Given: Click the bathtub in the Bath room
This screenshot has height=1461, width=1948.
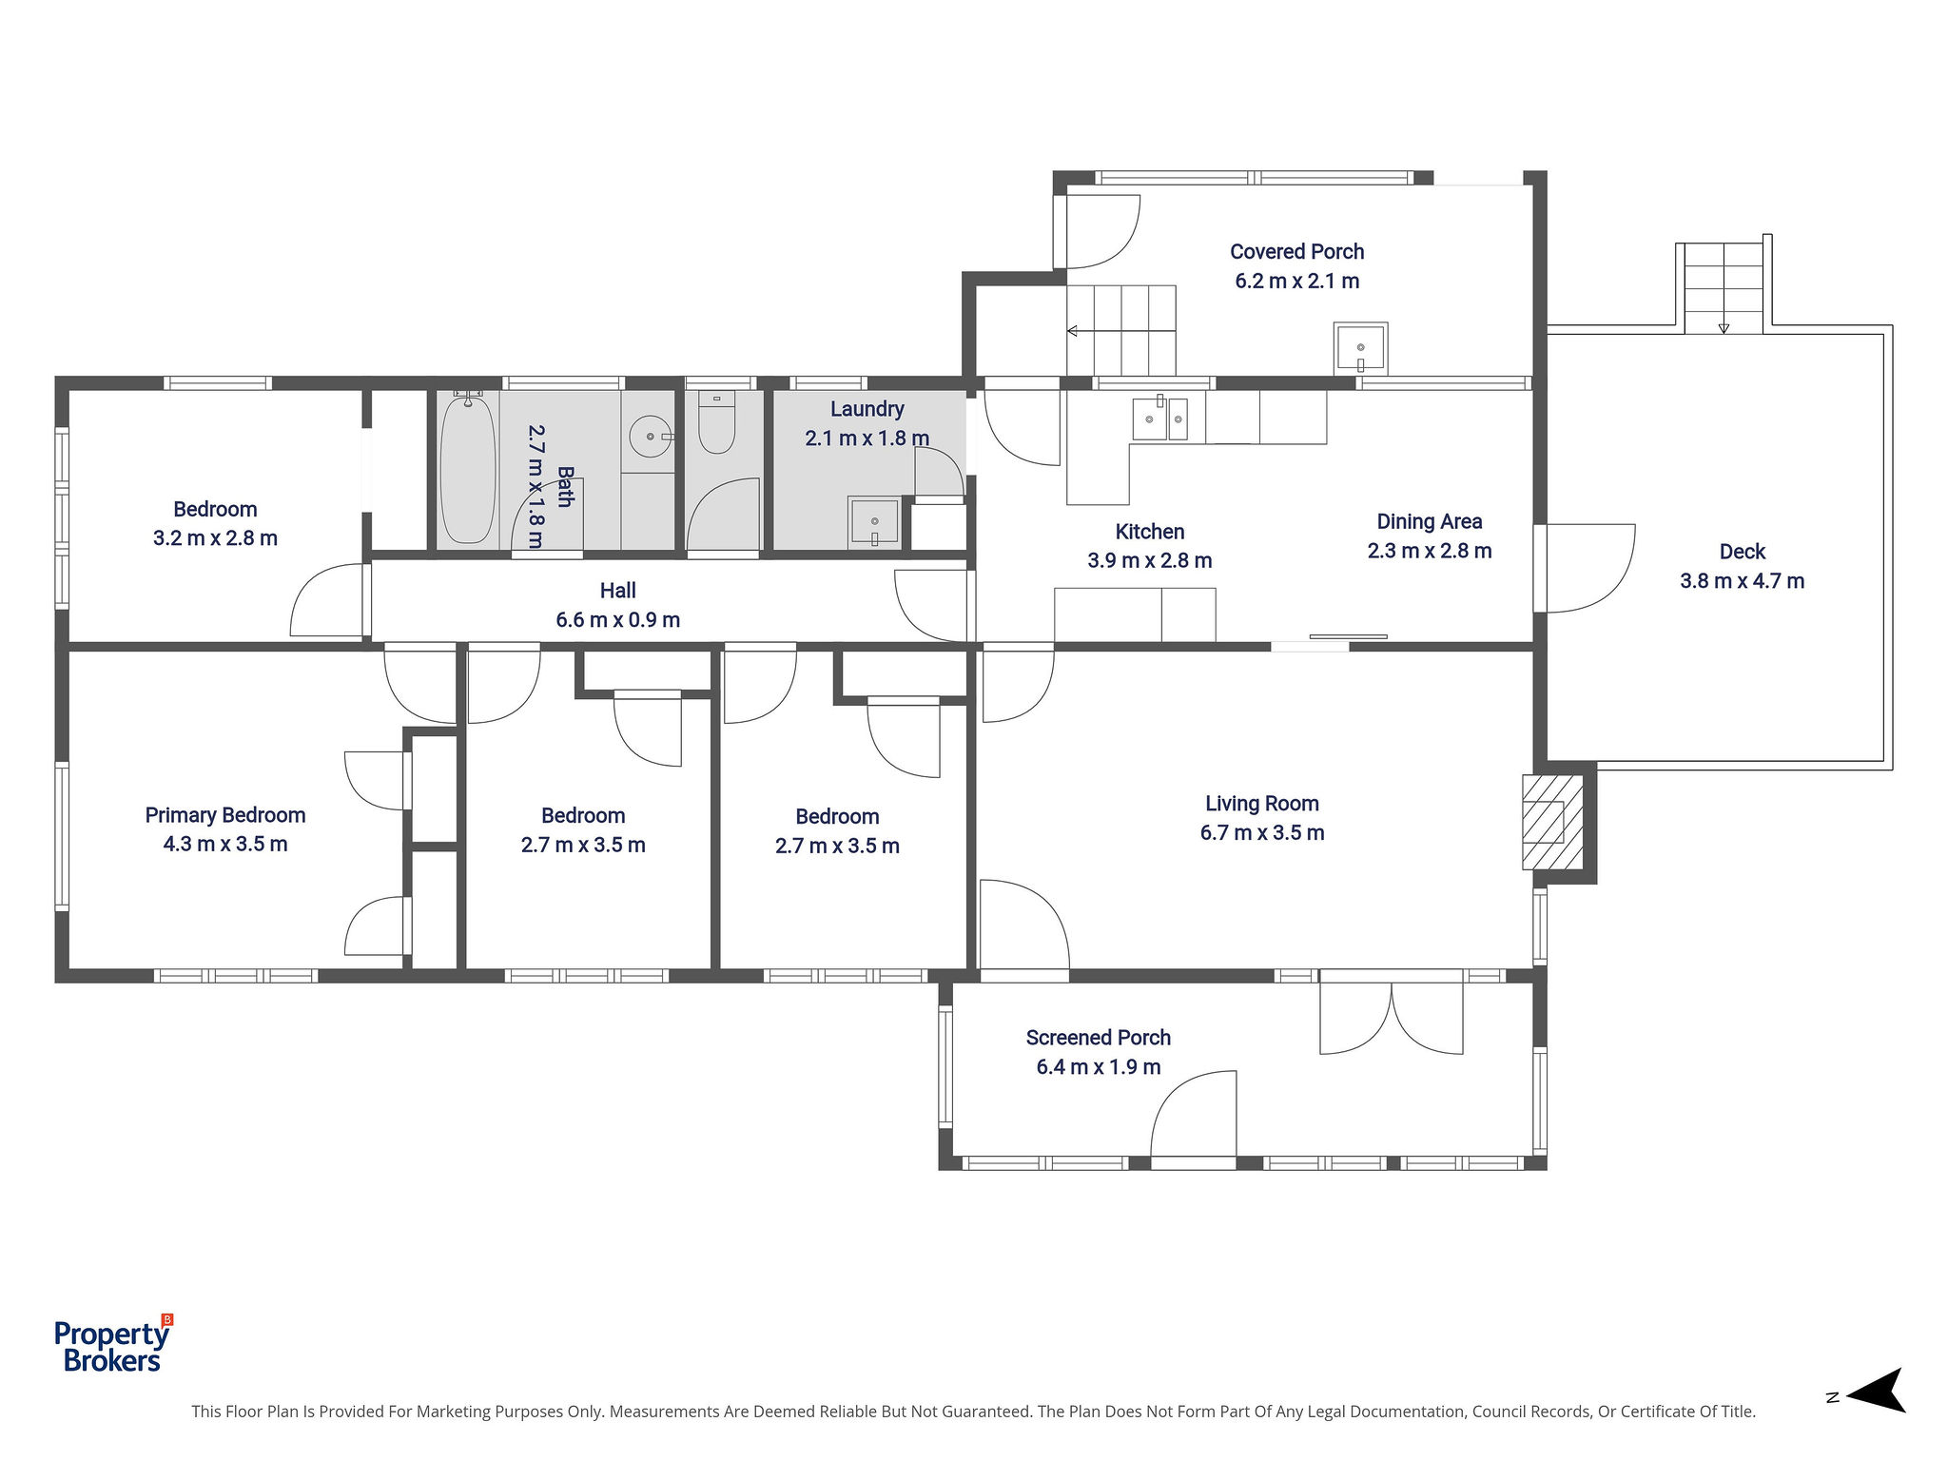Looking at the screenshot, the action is click(468, 469).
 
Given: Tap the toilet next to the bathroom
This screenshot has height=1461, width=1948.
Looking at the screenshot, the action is click(717, 422).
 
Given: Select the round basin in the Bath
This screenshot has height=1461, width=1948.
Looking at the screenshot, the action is click(652, 437).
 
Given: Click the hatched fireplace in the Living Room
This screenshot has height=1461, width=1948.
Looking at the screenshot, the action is click(1553, 822).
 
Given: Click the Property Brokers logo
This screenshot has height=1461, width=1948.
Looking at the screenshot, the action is click(113, 1346).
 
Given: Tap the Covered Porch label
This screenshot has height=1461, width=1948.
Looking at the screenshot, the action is click(1296, 252).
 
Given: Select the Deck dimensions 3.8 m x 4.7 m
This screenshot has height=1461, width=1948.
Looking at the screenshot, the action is click(1742, 581).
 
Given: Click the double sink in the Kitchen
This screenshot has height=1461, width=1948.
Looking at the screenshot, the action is click(1159, 419).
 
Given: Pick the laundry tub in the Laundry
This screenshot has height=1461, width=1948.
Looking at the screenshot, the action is click(874, 521).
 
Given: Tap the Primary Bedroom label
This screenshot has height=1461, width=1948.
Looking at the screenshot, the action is click(225, 815).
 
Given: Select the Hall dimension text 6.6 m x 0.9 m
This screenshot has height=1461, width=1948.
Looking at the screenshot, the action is click(618, 620).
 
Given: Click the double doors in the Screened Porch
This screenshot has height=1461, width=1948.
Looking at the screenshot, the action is click(1391, 1018).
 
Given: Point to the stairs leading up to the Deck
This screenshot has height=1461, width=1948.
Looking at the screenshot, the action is click(1724, 286).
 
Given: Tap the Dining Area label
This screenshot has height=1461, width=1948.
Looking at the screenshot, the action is click(1430, 521).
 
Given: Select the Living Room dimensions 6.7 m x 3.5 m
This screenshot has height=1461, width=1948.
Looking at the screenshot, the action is click(1262, 833).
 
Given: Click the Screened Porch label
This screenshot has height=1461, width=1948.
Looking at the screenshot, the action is click(1099, 1038).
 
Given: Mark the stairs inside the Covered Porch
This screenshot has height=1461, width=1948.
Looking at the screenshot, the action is click(1121, 330).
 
